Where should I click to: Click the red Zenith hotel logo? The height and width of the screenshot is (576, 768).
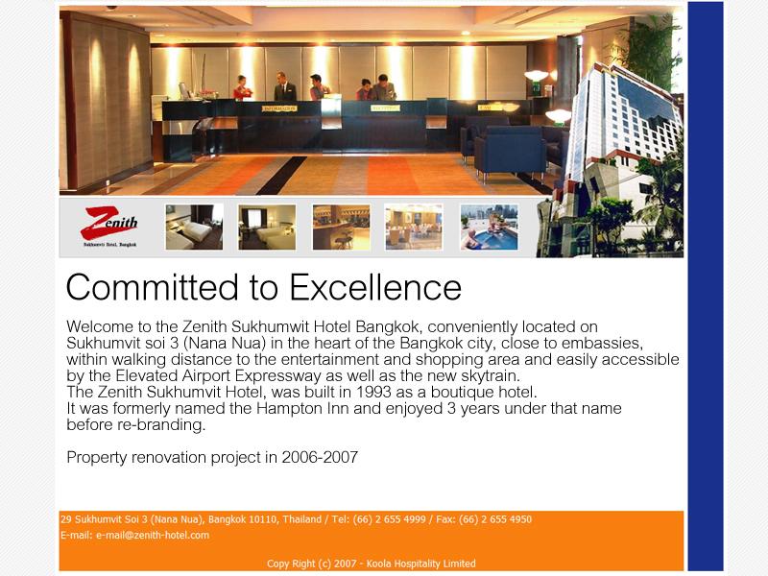click(109, 225)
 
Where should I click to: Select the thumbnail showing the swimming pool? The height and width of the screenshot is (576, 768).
click(489, 228)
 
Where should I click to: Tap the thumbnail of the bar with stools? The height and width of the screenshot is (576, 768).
click(342, 228)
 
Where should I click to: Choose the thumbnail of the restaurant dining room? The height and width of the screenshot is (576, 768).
click(414, 228)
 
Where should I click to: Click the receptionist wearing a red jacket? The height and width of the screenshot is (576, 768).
click(242, 88)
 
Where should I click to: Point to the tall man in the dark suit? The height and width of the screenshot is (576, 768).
click(284, 86)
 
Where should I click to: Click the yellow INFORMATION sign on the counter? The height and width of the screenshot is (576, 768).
click(279, 108)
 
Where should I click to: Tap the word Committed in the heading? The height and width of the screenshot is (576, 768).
click(153, 287)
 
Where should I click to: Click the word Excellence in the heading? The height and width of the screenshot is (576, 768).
click(375, 287)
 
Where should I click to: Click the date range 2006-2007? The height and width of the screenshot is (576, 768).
click(320, 457)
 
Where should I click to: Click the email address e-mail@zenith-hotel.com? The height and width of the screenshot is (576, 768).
click(153, 535)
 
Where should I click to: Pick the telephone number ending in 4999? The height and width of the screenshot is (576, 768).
click(390, 519)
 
